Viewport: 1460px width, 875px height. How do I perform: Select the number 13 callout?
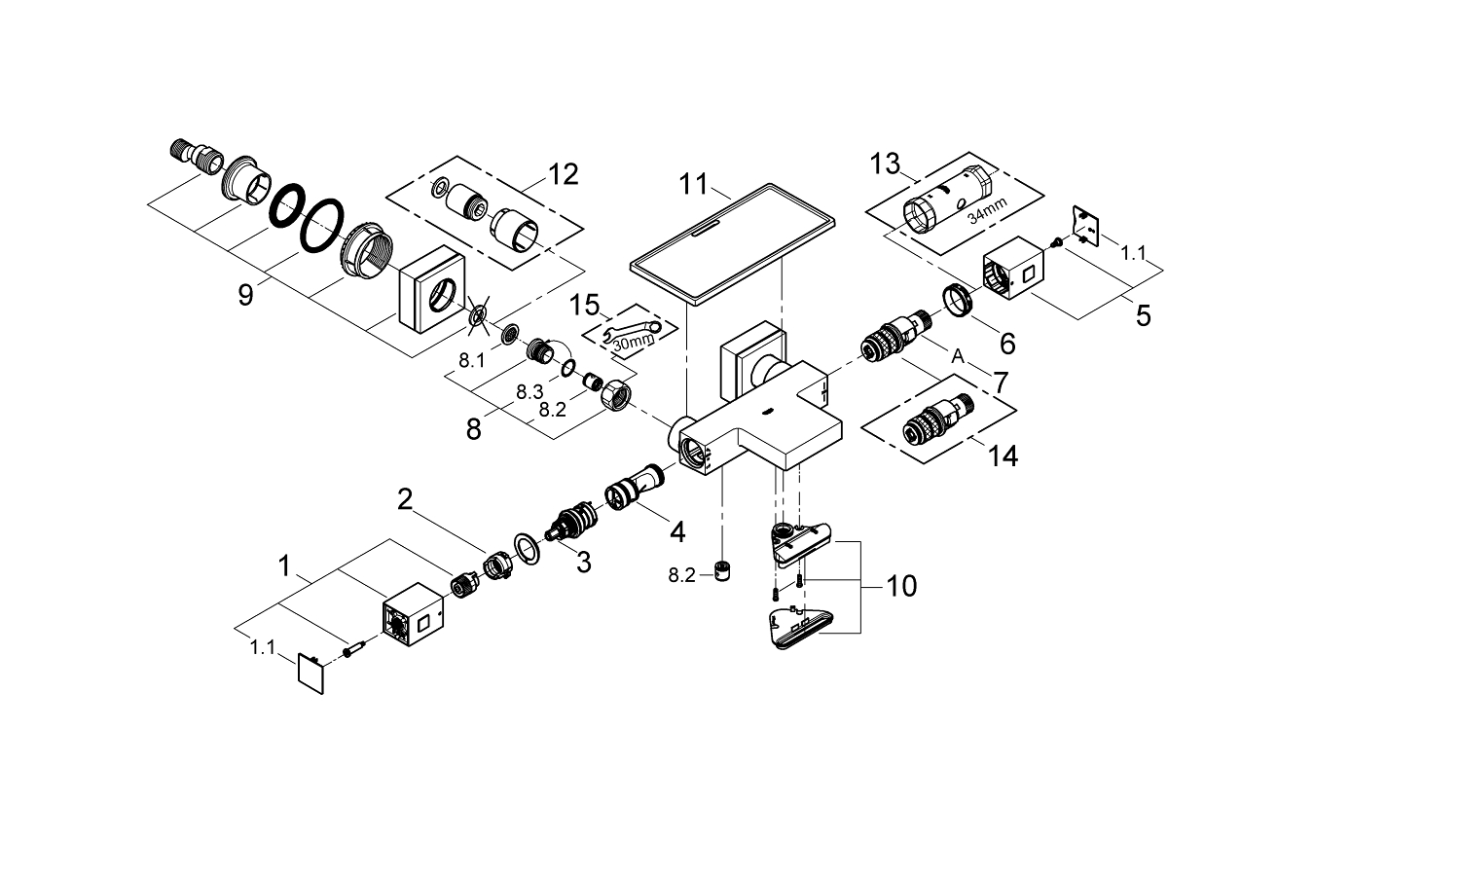pyautogui.click(x=886, y=164)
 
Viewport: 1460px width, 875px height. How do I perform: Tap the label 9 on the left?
pyautogui.click(x=245, y=294)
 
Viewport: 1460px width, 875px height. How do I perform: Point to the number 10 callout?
pyautogui.click(x=901, y=586)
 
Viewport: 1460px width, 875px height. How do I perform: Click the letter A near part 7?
pyautogui.click(x=957, y=357)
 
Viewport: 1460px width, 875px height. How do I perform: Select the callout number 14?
pyautogui.click(x=1002, y=455)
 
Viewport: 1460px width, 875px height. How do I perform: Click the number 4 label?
pyautogui.click(x=676, y=531)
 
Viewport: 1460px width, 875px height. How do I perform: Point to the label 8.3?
pyautogui.click(x=529, y=391)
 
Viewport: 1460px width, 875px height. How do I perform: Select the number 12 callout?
pyautogui.click(x=563, y=174)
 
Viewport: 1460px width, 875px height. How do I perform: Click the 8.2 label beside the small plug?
pyautogui.click(x=682, y=575)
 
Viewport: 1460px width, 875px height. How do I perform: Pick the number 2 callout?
pyautogui.click(x=405, y=500)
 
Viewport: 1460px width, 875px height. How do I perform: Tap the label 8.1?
pyautogui.click(x=471, y=360)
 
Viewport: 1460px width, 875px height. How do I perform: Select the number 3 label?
pyautogui.click(x=582, y=562)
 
